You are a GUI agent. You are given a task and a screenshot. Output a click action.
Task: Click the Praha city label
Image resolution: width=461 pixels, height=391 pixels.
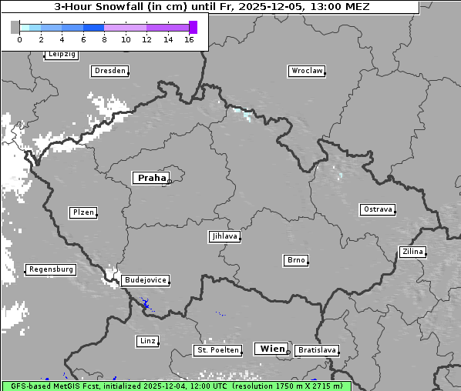point(151,178)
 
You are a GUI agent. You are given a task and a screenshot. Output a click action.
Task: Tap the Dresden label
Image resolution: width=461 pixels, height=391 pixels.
point(109,71)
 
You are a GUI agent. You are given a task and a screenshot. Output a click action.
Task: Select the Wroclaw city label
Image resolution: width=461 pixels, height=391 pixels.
point(306,71)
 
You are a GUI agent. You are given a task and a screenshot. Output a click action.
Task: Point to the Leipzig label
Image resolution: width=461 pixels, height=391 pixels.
point(61,54)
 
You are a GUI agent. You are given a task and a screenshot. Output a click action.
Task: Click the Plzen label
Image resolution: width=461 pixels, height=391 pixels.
point(82,212)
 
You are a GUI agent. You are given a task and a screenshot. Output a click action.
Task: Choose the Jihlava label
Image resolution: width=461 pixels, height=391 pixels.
point(224,236)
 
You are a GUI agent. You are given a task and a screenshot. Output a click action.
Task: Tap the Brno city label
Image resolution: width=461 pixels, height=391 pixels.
point(296,260)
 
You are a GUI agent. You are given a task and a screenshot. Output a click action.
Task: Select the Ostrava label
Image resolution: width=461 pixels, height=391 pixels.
point(378,209)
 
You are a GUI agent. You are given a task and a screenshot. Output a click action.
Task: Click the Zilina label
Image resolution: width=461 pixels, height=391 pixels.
point(412,252)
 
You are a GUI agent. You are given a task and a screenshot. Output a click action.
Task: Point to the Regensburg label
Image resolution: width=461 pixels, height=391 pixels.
point(51,269)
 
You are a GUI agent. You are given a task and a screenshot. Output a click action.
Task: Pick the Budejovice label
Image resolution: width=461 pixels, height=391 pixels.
point(145,280)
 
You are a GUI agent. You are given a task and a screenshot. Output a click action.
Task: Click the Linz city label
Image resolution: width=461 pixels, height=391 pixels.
point(146,340)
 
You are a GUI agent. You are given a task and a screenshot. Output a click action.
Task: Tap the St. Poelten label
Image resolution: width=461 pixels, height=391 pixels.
point(216,350)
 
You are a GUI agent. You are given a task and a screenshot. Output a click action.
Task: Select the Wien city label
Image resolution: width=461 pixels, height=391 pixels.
point(272,349)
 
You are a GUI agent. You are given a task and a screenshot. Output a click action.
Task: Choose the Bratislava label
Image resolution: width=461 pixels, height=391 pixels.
point(316,350)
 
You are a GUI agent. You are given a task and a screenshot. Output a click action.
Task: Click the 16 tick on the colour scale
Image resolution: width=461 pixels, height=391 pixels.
point(189,40)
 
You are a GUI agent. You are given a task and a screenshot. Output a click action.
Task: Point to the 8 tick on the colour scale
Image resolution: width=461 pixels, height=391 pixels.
point(104,40)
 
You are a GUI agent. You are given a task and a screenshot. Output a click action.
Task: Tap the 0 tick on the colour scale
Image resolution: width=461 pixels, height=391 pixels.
point(19,40)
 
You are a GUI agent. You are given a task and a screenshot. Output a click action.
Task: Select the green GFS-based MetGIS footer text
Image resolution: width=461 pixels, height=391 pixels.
point(176,386)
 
